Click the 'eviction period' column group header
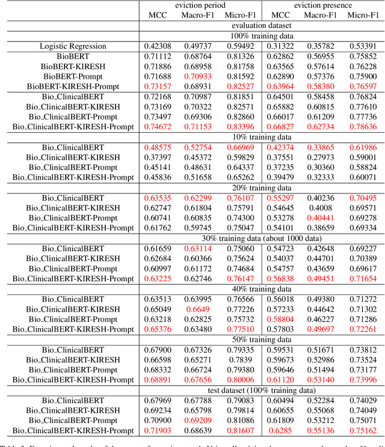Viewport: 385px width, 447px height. tap(199, 5)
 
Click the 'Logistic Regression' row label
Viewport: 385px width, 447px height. tap(73, 46)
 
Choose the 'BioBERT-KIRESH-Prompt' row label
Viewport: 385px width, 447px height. tap(73, 87)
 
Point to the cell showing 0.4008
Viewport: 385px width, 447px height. tap(322, 208)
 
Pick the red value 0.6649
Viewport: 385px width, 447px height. tap(199, 309)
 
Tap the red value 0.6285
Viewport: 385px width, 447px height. tap(280, 430)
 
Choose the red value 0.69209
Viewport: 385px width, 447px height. tap(199, 420)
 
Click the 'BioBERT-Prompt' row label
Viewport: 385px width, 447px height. tap(73, 76)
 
